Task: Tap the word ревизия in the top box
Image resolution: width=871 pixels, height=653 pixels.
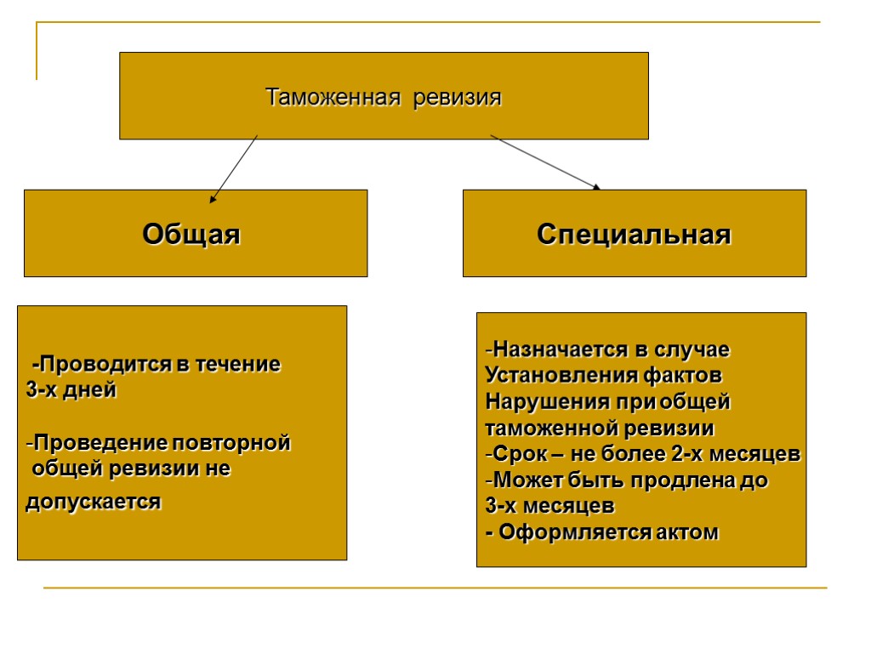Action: click(458, 98)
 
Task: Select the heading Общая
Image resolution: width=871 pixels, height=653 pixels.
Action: click(191, 234)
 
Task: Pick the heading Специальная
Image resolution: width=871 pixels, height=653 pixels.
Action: click(634, 234)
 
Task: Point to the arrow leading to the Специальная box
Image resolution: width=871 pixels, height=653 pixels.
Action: click(544, 162)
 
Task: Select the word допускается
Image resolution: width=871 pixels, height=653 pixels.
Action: click(93, 502)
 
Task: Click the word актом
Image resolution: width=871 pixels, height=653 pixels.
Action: click(687, 533)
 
